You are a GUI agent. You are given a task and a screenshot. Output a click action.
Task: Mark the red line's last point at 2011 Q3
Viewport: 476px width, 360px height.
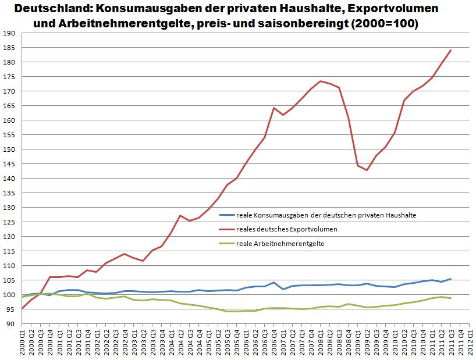[x=451, y=50]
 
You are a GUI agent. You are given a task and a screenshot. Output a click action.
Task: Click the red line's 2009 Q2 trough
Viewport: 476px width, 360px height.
[x=367, y=170]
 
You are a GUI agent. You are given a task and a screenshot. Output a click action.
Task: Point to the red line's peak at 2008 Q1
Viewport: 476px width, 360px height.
[x=320, y=81]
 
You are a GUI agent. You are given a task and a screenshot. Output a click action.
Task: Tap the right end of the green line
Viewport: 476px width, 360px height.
[x=451, y=298]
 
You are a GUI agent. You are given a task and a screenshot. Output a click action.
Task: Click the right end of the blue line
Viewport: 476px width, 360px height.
[x=451, y=279]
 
